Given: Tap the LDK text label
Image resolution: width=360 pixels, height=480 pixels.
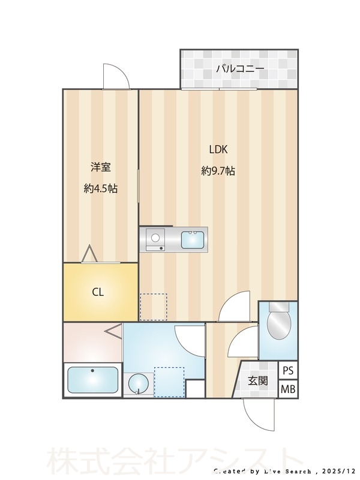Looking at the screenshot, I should pos(218,150).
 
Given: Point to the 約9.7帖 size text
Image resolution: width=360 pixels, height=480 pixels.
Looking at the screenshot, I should pos(218,171).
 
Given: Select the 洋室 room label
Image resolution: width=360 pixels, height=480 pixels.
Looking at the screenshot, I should pos(100,167).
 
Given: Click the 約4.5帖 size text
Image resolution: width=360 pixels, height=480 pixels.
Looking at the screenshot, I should pos(100,188).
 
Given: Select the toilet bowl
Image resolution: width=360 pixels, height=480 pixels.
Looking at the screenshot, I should pos(278,324).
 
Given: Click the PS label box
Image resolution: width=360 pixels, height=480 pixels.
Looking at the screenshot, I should pos(289,370).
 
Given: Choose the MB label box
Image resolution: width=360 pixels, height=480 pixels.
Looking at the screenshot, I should pos(289,389).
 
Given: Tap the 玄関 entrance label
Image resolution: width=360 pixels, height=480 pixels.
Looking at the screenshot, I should pos(259,380).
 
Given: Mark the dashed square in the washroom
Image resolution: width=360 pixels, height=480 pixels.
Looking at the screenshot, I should pos(169,382).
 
